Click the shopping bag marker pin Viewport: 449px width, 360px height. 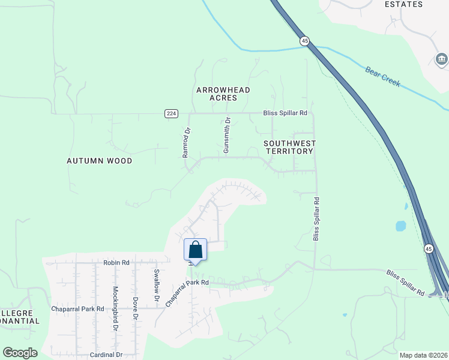pyautogui.click(x=196, y=249)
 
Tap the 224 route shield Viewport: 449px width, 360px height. pyautogui.click(x=171, y=113)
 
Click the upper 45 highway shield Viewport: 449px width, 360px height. pyautogui.click(x=305, y=41)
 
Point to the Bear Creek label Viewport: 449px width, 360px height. pyautogui.click(x=382, y=76)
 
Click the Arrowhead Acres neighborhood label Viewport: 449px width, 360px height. pyautogui.click(x=223, y=94)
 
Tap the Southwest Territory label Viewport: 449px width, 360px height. pyautogui.click(x=289, y=147)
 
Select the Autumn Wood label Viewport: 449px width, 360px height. pyautogui.click(x=100, y=161)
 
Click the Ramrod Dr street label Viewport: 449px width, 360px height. pyautogui.click(x=186, y=143)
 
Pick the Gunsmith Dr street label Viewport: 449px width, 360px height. pyautogui.click(x=227, y=135)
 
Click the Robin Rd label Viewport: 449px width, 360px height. pyautogui.click(x=116, y=263)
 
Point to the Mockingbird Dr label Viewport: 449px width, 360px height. pyautogui.click(x=115, y=309)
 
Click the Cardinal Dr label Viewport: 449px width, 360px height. pyautogui.click(x=106, y=355)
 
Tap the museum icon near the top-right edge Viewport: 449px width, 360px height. pyautogui.click(x=441, y=59)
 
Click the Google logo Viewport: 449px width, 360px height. pyautogui.click(x=20, y=353)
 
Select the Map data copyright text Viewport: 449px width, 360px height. pyautogui.click(x=423, y=355)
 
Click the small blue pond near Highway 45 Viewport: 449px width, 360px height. pyautogui.click(x=400, y=226)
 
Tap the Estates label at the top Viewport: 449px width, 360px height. pyautogui.click(x=403, y=4)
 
